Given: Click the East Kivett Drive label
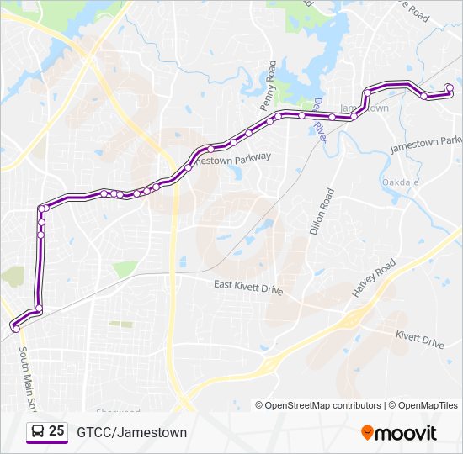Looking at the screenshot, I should coord(248,288).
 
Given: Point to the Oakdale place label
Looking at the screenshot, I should coord(400,182).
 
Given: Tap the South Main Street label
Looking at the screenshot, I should coord(25,378).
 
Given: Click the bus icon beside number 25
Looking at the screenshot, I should coord(37,431).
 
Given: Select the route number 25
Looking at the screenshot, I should coord(56,431).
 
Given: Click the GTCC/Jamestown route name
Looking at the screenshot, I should coord(132,432).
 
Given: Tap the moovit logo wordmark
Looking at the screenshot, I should coord(407,433).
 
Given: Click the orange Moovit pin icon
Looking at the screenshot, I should coord(368,433).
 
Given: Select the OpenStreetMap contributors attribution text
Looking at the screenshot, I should coord(323,405).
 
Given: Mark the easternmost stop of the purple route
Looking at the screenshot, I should coord(450,87).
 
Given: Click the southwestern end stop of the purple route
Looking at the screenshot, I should coord(15,329).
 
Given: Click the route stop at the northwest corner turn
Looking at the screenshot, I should coord(41,208).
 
